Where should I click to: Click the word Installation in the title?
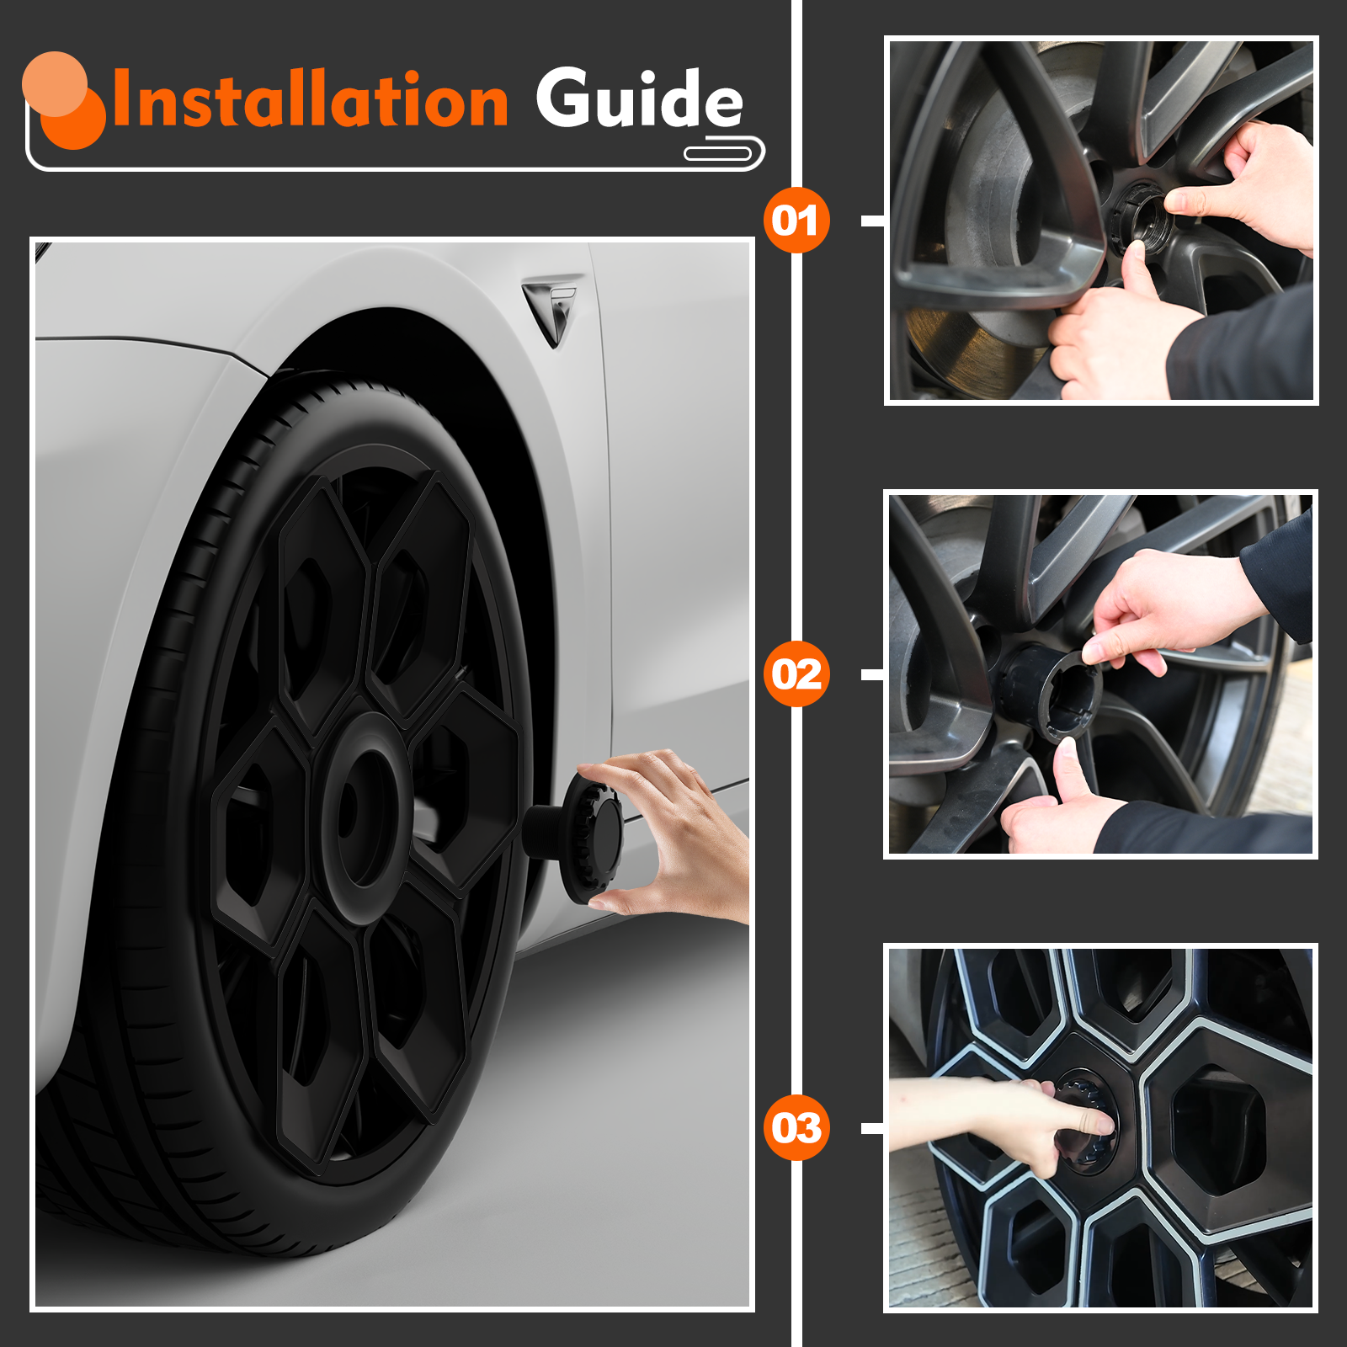click(310, 98)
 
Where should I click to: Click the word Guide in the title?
click(640, 98)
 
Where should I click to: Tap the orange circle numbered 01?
click(796, 221)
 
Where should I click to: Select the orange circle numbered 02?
click(796, 674)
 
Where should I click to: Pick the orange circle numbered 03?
click(796, 1128)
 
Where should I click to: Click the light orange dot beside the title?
click(55, 84)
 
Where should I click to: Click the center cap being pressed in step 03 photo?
click(1086, 1120)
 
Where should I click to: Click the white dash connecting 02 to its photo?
click(873, 674)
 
